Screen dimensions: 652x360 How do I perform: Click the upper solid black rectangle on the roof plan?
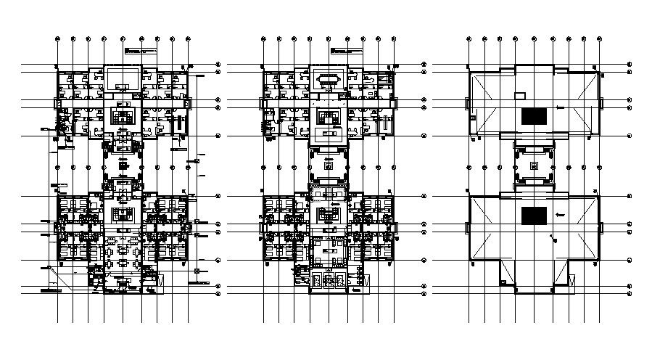click(x=534, y=115)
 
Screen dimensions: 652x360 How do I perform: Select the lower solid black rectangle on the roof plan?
click(x=534, y=216)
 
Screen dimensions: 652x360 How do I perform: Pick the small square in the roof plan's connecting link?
click(x=534, y=165)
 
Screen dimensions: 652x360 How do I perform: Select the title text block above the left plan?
click(x=141, y=51)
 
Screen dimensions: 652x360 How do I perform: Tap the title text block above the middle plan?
click(x=347, y=51)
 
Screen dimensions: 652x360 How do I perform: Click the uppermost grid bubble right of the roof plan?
click(x=630, y=65)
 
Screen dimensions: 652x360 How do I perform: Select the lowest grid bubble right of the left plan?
click(x=218, y=295)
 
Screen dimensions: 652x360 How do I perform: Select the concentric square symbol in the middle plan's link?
click(x=329, y=166)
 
